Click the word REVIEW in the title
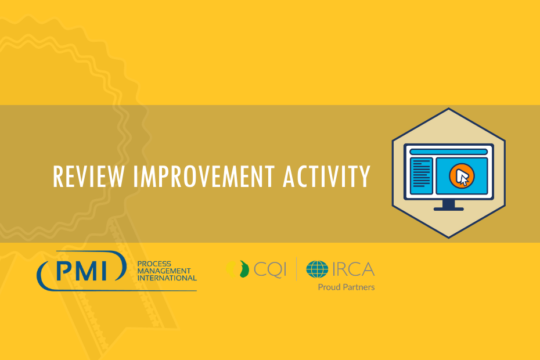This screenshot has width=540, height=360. tap(88, 177)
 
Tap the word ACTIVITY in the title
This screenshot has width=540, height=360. tap(326, 177)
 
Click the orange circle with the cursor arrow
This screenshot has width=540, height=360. tap(462, 176)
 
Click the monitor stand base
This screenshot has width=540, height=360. tap(448, 209)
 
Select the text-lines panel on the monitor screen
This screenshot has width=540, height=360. tap(421, 176)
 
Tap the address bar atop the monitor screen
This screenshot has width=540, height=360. tap(448, 152)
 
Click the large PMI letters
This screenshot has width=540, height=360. tap(82, 271)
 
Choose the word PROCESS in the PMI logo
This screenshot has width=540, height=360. tap(154, 264)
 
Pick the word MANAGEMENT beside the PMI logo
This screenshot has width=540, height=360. tap(164, 271)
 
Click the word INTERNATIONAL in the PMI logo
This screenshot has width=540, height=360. tap(167, 278)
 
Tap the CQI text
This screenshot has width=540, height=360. tap(270, 269)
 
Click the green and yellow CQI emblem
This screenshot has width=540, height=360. tap(238, 269)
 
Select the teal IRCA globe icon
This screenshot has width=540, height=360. tap(317, 269)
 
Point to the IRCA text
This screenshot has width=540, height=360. tap(354, 269)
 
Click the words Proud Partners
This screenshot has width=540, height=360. tap(346, 287)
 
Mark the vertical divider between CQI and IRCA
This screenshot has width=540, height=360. tap(296, 269)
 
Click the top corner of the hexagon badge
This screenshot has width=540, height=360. tap(448, 108)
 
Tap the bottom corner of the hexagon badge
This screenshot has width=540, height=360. tap(448, 237)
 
